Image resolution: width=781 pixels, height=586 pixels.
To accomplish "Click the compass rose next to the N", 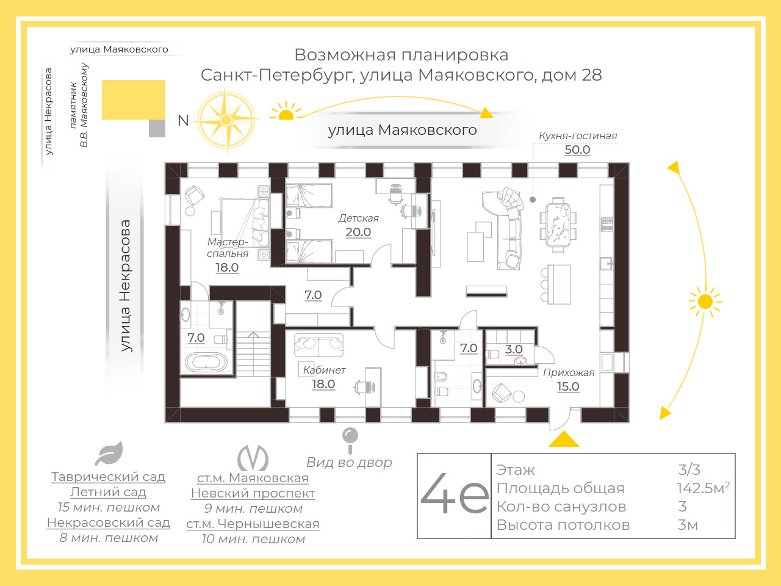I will (x=226, y=120).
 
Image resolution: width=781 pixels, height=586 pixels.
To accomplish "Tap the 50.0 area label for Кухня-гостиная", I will (x=577, y=150).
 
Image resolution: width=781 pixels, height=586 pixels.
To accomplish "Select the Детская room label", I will (x=359, y=218).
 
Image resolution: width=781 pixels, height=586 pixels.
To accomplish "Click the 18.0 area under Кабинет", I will (x=323, y=384).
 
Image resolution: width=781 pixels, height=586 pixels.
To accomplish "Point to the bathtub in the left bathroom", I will (x=206, y=362).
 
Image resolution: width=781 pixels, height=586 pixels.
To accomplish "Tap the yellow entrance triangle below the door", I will (x=563, y=440).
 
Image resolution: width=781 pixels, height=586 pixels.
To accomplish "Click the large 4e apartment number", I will (x=455, y=495).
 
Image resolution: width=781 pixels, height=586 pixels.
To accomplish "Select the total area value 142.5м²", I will (x=703, y=488).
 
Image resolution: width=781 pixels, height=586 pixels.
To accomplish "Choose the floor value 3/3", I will (x=689, y=470).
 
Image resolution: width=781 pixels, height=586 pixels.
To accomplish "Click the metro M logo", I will (x=253, y=458).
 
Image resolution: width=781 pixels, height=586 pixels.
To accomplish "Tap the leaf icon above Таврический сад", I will (x=109, y=454).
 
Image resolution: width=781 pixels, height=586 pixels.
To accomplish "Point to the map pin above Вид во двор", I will (x=350, y=438).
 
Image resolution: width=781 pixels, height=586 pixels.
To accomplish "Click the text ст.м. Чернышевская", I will (x=253, y=524).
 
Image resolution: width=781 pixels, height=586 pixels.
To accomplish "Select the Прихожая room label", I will (x=569, y=372).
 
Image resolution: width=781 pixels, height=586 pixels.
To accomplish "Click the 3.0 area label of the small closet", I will (x=514, y=350).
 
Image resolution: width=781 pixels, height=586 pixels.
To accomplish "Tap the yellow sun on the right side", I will (x=705, y=302).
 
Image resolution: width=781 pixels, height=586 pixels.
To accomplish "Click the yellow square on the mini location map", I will (x=133, y=99).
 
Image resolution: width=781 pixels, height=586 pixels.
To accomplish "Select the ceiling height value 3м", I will (x=688, y=525).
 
